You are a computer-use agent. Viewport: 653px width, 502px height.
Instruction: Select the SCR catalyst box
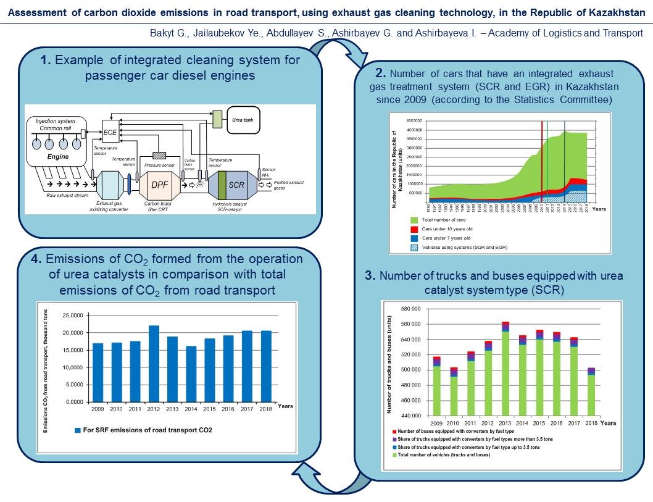pos(235,184)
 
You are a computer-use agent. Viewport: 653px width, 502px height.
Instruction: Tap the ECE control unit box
pos(110,132)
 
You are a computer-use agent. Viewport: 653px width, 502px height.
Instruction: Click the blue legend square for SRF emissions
pos(77,430)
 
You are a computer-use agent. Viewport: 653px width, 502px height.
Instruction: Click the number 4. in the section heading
pos(36,259)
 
